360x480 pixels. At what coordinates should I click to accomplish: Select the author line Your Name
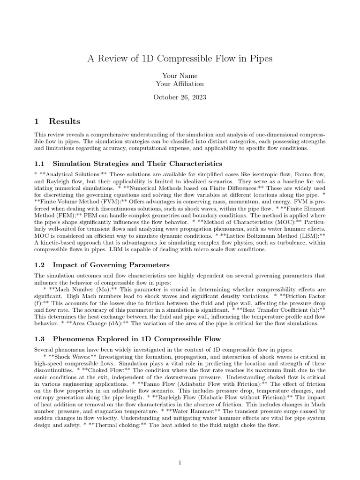[180, 75]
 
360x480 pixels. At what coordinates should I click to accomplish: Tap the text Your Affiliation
[180, 84]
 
